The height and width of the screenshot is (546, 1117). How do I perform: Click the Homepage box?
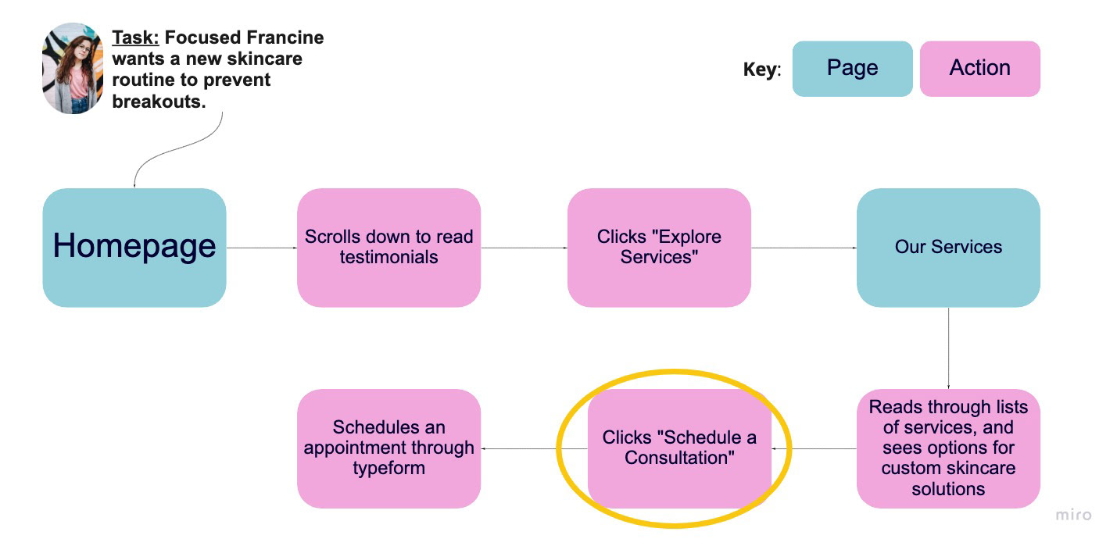pyautogui.click(x=134, y=248)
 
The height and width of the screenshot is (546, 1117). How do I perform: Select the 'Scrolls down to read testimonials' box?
pyautogui.click(x=389, y=248)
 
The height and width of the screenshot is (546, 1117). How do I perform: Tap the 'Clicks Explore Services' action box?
pyautogui.click(x=659, y=248)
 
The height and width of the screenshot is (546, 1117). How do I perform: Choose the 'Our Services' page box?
pyautogui.click(x=948, y=248)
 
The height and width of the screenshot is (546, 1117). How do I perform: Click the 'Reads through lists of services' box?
pyautogui.click(x=948, y=448)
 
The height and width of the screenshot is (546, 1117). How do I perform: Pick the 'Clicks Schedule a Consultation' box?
pyautogui.click(x=679, y=448)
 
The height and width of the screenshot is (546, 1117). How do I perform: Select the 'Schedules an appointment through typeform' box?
pyautogui.click(x=389, y=448)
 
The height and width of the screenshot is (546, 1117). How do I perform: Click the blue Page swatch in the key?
pyautogui.click(x=853, y=69)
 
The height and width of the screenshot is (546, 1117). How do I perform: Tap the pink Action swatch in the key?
pyautogui.click(x=980, y=69)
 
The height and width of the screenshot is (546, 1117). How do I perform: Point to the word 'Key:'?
pyautogui.click(x=762, y=70)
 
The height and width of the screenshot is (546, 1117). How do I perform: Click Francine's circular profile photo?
pyautogui.click(x=73, y=68)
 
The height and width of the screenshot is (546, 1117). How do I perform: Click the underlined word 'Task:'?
pyautogui.click(x=135, y=37)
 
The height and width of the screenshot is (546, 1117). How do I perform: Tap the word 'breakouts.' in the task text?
pyautogui.click(x=159, y=102)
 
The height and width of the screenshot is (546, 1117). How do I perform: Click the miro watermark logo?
pyautogui.click(x=1073, y=515)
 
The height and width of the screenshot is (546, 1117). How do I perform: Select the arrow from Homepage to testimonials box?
pyautogui.click(x=262, y=248)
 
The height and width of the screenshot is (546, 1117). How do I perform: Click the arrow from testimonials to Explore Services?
pyautogui.click(x=524, y=248)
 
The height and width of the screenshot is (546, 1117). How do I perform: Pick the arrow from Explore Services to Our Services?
pyautogui.click(x=804, y=248)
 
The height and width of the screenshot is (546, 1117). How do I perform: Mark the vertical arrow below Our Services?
pyautogui.click(x=948, y=348)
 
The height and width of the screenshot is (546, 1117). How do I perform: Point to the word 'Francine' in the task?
pyautogui.click(x=285, y=37)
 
